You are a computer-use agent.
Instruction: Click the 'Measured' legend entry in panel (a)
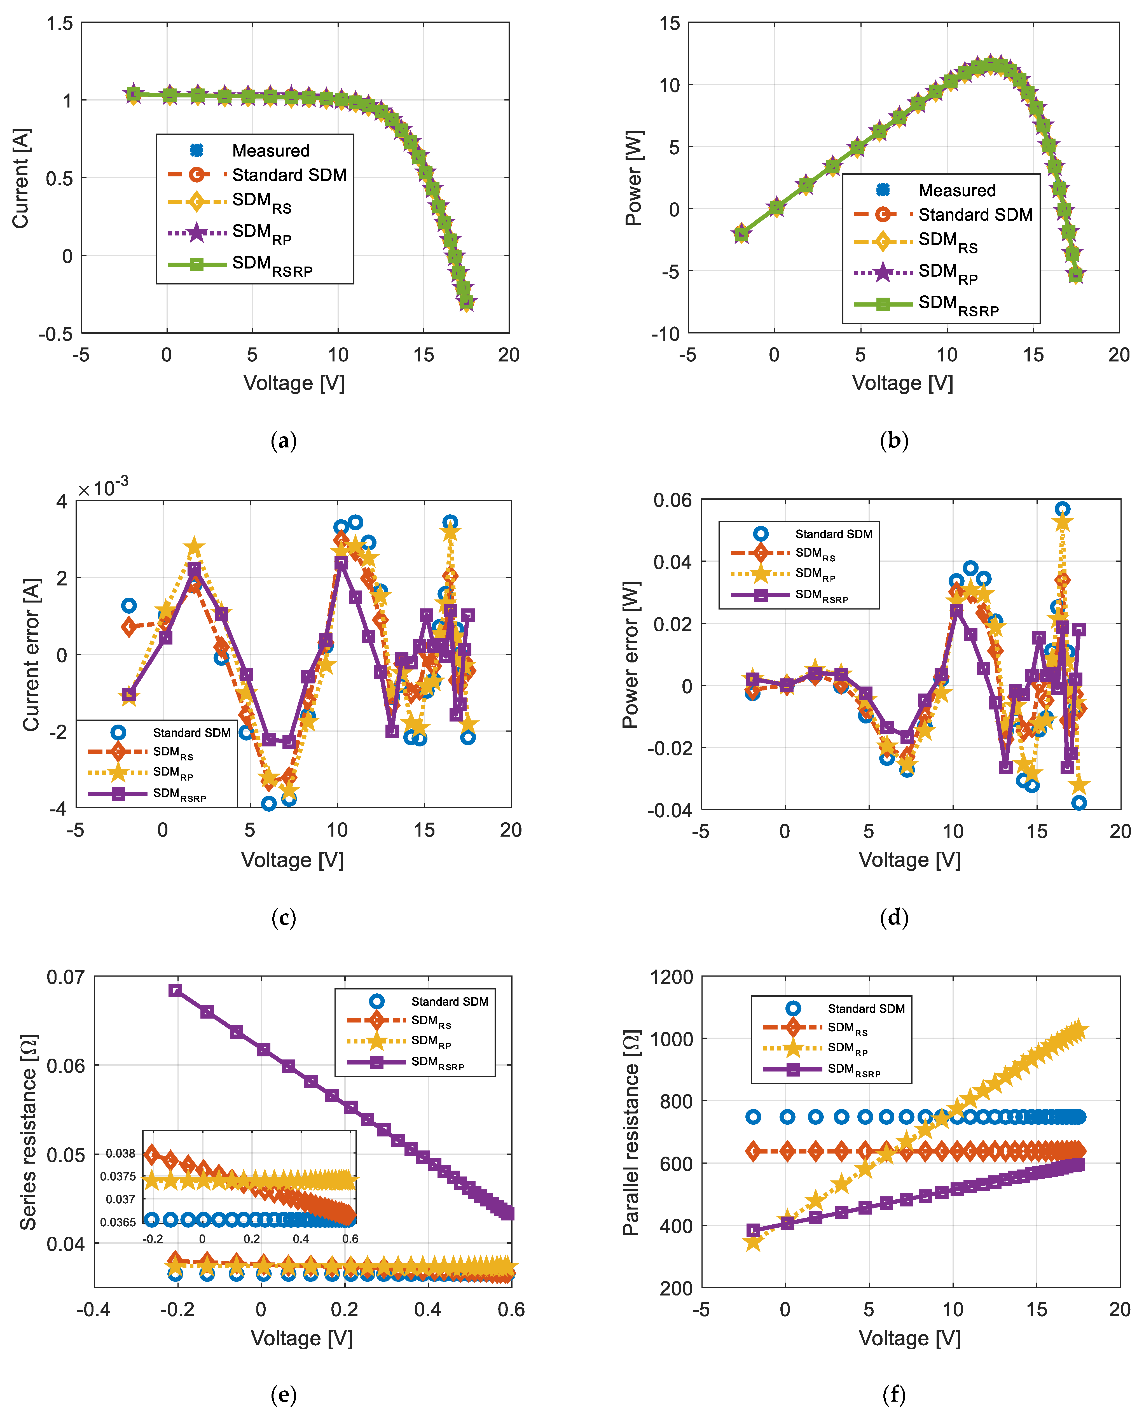[270, 151]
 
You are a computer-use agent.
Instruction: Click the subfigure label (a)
[284, 440]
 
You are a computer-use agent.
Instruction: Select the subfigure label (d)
[894, 918]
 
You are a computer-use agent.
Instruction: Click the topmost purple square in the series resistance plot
[175, 991]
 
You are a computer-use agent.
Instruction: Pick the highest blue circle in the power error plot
[1062, 509]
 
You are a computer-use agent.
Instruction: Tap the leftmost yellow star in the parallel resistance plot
[753, 1242]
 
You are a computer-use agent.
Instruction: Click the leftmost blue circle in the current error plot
[129, 606]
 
